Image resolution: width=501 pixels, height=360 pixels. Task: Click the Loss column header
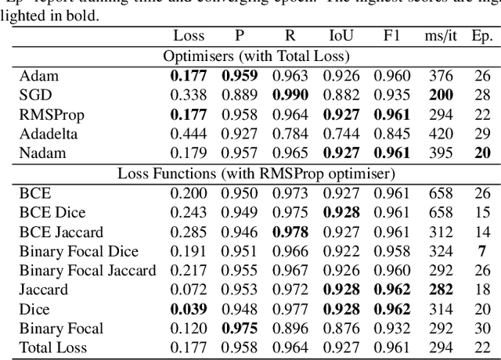coord(189,35)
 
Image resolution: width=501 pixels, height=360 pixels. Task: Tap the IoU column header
coord(338,35)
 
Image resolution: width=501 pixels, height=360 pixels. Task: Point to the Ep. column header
coord(481,35)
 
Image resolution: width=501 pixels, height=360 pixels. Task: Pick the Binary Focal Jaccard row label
coord(88,271)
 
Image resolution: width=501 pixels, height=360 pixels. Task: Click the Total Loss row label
coord(52,347)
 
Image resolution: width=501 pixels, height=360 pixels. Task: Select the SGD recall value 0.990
coord(289,95)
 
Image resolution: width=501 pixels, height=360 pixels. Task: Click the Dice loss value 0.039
coord(189,309)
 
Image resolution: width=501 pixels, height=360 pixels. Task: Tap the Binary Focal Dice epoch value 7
coord(482,252)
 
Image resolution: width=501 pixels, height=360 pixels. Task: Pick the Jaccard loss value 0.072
coord(189,290)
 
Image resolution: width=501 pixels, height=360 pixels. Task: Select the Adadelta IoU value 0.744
coord(338,133)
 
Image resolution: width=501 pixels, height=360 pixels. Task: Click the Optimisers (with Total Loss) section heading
coord(255,56)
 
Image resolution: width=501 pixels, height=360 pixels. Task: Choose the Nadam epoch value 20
coord(482,152)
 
